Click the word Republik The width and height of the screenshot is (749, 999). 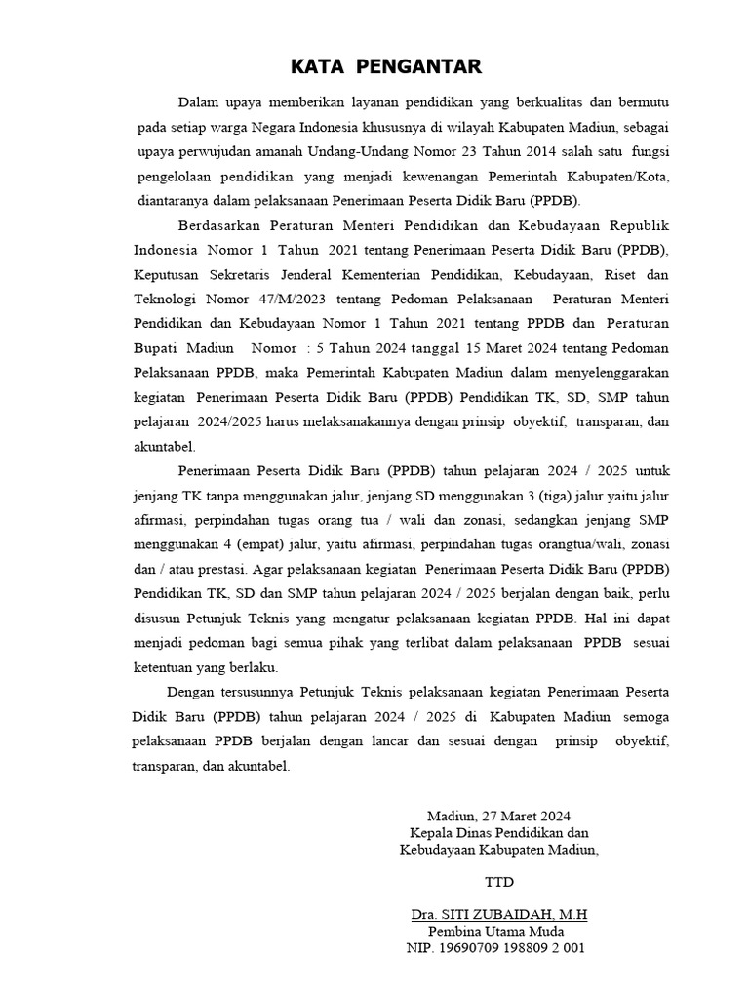639,225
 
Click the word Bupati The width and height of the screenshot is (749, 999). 156,348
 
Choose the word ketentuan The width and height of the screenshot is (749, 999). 162,668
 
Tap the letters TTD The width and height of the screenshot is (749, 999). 499,883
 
